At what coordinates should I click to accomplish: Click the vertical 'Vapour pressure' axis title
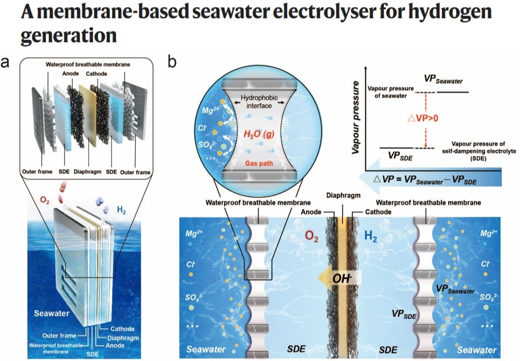356,124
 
